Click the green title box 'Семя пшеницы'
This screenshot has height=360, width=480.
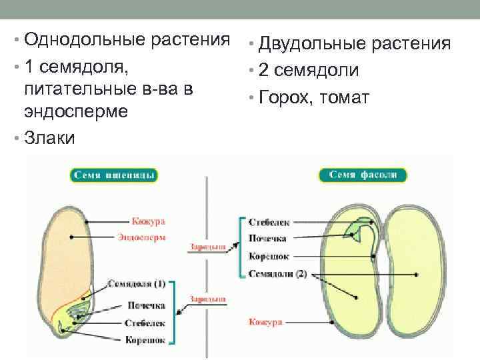tap(113, 175)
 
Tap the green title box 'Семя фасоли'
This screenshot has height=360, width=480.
tap(363, 175)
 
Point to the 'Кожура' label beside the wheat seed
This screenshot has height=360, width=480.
tap(148, 221)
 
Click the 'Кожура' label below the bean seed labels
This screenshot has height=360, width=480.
tap(265, 322)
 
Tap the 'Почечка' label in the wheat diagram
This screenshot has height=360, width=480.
tap(147, 306)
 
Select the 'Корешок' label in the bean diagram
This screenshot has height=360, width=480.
tap(267, 255)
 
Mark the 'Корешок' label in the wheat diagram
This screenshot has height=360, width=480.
tap(145, 340)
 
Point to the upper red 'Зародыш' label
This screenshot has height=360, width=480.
tap(208, 247)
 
